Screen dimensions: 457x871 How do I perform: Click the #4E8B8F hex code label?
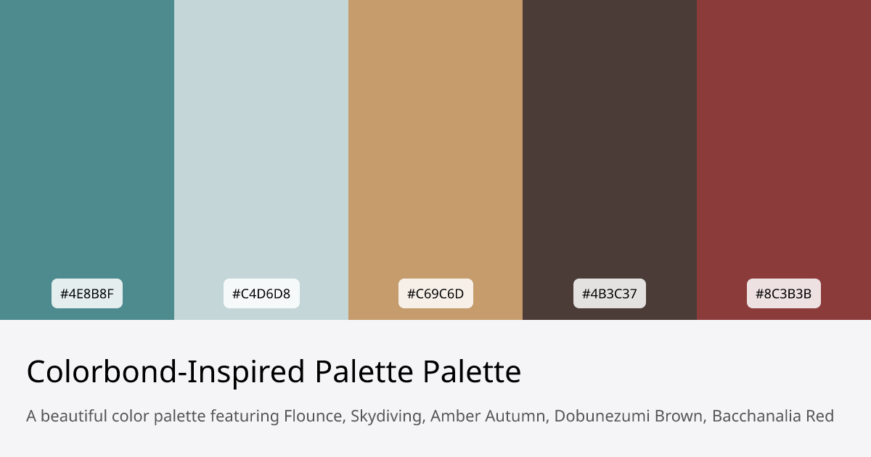point(87,294)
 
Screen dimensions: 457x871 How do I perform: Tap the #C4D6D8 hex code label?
point(261,294)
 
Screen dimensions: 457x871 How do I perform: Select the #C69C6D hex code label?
point(435,294)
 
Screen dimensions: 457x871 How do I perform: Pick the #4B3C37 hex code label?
point(610,294)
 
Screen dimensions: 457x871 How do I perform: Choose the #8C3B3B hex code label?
point(784,294)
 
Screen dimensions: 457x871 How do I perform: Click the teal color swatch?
point(87,145)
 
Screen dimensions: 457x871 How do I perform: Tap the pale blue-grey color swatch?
point(261,145)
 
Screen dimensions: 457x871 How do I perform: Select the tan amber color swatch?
point(435,145)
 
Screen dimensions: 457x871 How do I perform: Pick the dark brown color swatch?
point(610,145)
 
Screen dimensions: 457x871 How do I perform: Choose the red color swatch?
point(784,145)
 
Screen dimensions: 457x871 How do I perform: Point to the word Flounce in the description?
point(314,416)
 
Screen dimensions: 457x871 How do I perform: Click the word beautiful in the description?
point(73,416)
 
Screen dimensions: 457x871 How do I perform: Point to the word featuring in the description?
point(245,416)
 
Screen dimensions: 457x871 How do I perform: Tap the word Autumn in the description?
point(508,416)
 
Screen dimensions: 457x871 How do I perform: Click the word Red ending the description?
point(820,416)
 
